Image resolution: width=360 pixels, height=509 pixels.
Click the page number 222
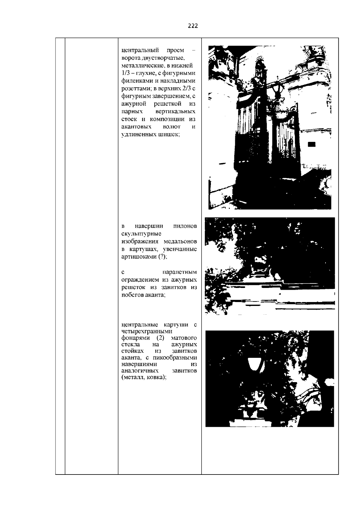[193, 26]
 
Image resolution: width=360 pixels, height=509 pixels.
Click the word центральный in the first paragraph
[140, 50]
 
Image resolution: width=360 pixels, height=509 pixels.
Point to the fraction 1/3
[125, 73]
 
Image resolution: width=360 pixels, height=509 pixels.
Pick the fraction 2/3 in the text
[187, 88]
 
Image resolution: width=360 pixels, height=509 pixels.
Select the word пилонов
[185, 226]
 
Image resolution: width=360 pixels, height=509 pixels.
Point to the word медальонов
[180, 241]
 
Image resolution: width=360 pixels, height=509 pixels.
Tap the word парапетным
[179, 272]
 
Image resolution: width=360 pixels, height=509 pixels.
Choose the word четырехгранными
[147, 331]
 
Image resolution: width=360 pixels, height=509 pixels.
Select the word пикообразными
[175, 358]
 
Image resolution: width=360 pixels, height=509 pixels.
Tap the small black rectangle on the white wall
[311, 144]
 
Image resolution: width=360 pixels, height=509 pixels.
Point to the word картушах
[143, 249]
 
